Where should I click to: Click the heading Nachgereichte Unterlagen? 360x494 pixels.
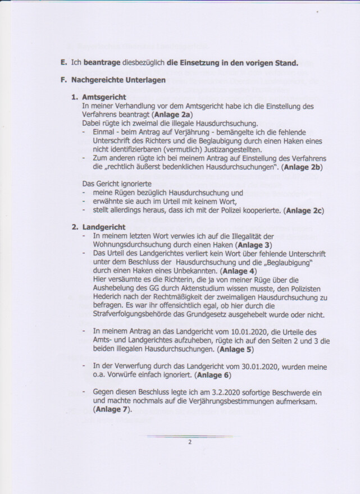[x=118, y=80]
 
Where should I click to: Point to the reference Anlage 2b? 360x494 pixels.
[x=299, y=167]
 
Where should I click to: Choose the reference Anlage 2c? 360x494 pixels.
[x=304, y=211]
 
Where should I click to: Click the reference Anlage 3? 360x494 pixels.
[x=254, y=245]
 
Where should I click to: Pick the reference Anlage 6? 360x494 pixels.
[x=208, y=375]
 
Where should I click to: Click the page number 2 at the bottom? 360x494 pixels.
[x=190, y=442]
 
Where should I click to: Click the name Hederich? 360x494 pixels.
[x=112, y=298]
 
